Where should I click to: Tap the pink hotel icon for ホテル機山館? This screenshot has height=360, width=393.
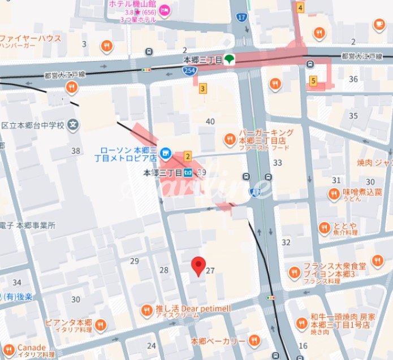tap(165, 9)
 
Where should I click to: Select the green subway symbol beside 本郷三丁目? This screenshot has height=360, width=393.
tap(229, 58)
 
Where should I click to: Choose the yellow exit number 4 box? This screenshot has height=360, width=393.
tap(300, 7)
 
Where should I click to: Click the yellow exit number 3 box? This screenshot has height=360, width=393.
tap(202, 88)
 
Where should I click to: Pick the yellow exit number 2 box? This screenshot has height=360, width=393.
tap(188, 155)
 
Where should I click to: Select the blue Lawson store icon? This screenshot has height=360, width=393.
tap(165, 151)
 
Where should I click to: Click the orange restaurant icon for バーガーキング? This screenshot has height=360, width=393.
tap(230, 138)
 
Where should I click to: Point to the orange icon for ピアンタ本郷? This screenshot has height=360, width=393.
tap(100, 324)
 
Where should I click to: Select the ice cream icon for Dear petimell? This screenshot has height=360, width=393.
tap(147, 309)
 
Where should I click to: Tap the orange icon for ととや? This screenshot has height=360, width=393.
tap(324, 228)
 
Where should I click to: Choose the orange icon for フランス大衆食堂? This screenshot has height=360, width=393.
tap(294, 273)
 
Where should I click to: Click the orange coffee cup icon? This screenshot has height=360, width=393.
tap(379, 24)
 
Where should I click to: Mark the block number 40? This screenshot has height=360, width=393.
tap(210, 122)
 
